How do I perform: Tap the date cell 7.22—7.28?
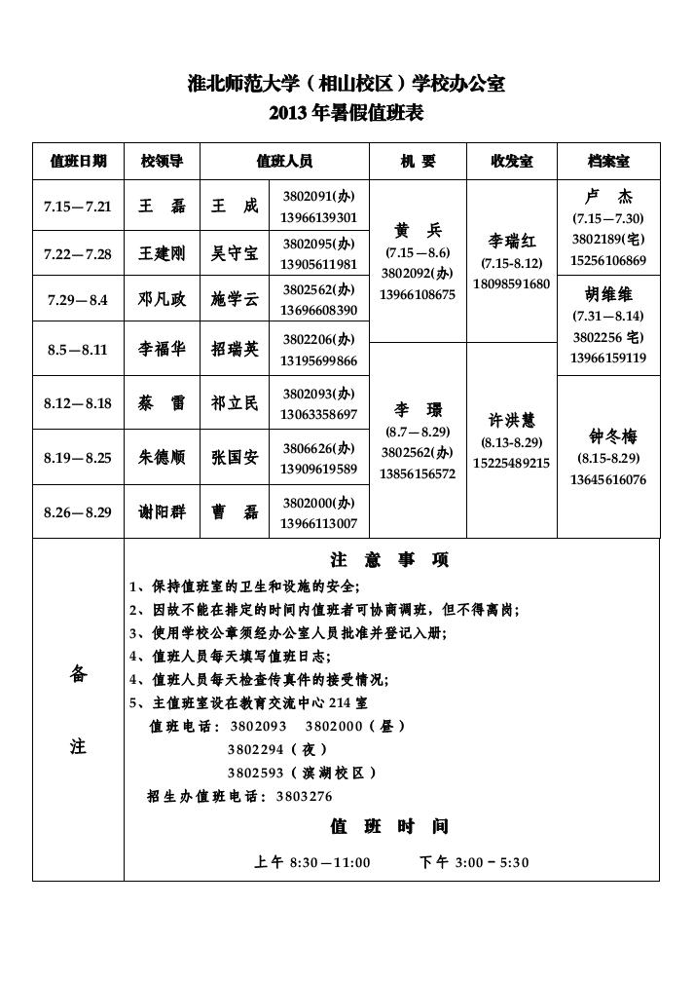79,254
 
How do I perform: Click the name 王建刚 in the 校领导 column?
162,254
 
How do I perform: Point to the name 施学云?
236,300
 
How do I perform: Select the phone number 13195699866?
319,361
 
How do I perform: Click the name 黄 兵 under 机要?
418,231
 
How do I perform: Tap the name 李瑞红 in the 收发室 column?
515,241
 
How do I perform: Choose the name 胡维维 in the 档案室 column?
609,293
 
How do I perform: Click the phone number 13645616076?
608,479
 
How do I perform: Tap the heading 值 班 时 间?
389,827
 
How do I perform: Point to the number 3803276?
304,796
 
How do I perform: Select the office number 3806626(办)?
319,448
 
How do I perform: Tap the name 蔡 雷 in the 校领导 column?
162,403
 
